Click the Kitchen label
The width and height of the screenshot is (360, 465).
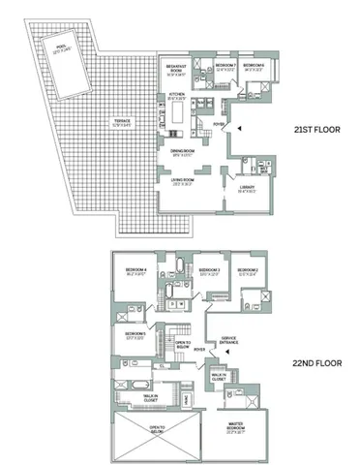coord(176,96)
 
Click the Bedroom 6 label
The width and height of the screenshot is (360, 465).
coord(254,65)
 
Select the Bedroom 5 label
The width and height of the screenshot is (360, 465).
coord(135,335)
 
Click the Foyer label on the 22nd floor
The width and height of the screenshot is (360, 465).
coord(198,349)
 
